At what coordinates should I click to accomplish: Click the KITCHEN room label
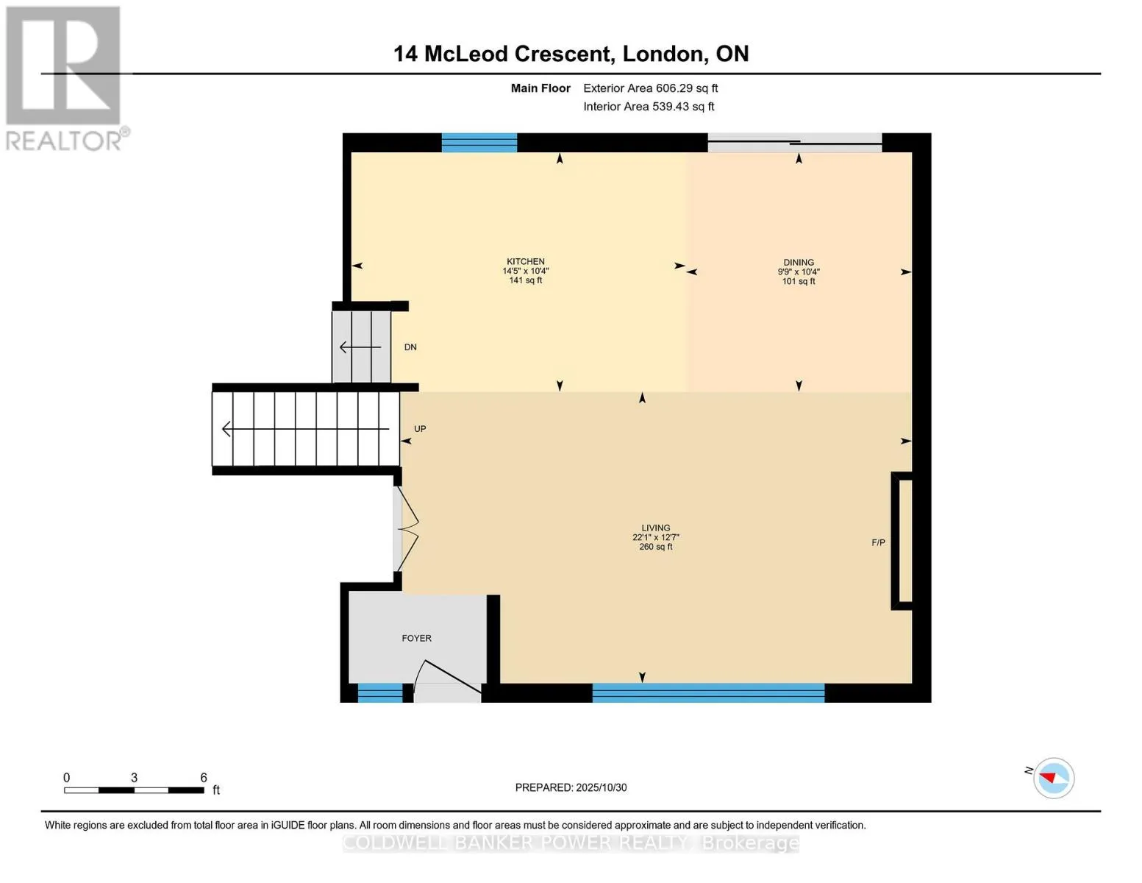pyautogui.click(x=525, y=261)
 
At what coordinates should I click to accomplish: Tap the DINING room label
pyautogui.click(x=799, y=263)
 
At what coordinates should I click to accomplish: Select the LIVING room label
pyautogui.click(x=655, y=528)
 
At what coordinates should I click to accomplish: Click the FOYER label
pyautogui.click(x=416, y=638)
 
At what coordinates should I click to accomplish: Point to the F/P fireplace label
pyautogui.click(x=878, y=542)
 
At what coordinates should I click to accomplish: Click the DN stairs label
pyautogui.click(x=410, y=347)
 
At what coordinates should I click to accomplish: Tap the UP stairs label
pyautogui.click(x=419, y=428)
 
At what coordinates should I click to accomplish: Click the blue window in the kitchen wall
pyautogui.click(x=479, y=143)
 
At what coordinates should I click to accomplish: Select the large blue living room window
pyautogui.click(x=708, y=692)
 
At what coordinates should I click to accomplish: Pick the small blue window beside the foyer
pyautogui.click(x=379, y=692)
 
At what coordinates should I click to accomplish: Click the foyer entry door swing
pyautogui.click(x=446, y=680)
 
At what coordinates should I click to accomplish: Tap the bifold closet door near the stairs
pyautogui.click(x=406, y=528)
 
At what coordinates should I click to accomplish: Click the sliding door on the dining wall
pyautogui.click(x=795, y=143)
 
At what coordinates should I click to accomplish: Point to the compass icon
pyautogui.click(x=1054, y=779)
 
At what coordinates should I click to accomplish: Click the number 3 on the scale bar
pyautogui.click(x=134, y=777)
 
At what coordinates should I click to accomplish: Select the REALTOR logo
pyautogui.click(x=65, y=79)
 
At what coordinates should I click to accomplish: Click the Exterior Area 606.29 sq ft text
pyautogui.click(x=650, y=88)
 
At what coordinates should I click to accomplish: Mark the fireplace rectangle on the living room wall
pyautogui.click(x=902, y=541)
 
